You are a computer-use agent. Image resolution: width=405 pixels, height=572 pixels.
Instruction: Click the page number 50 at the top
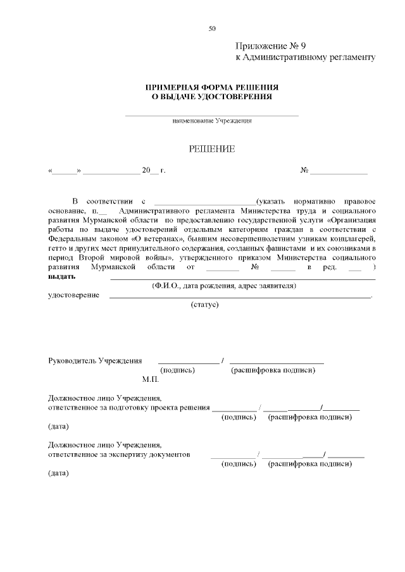[212, 28]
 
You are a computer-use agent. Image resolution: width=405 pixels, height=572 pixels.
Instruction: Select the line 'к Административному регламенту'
[306, 58]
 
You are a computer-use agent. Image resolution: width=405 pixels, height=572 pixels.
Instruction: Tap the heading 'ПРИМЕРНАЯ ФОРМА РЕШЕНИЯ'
[212, 87]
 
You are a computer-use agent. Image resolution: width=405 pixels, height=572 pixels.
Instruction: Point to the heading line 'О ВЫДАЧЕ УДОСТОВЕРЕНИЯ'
[212, 97]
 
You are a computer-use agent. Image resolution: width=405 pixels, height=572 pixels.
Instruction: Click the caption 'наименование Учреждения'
[212, 121]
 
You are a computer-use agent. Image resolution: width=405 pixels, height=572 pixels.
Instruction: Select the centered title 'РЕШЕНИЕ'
[212, 149]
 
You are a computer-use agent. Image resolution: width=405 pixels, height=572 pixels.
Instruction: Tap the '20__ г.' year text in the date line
[153, 171]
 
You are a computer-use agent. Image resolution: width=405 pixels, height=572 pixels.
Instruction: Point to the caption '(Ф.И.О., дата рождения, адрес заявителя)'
[224, 286]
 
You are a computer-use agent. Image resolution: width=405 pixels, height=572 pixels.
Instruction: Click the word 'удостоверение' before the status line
[73, 295]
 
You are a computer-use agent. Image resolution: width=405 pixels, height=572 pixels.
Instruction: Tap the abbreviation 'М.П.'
[151, 380]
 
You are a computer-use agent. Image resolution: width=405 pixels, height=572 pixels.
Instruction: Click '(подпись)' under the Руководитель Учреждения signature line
[178, 370]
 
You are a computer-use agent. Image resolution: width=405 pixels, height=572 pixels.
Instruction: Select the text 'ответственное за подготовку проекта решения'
[129, 408]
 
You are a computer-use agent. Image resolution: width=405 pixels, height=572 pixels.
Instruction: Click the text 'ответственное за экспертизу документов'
[119, 454]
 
